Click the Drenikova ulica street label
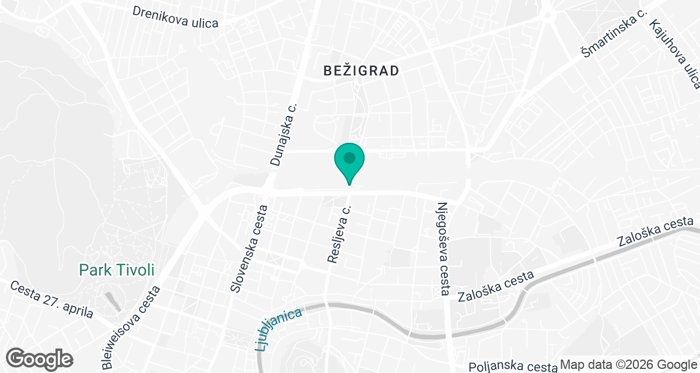pyautogui.click(x=175, y=17)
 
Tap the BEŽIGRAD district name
pyautogui.click(x=362, y=71)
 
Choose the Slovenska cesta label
pyautogui.click(x=249, y=248)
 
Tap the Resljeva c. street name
pyautogui.click(x=340, y=234)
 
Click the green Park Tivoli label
pyautogui.click(x=117, y=270)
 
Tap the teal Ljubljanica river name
pyautogui.click(x=279, y=329)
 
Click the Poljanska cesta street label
pyautogui.click(x=513, y=366)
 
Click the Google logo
pyautogui.click(x=40, y=358)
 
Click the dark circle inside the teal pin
pyautogui.click(x=349, y=157)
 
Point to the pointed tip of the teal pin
pyautogui.click(x=349, y=184)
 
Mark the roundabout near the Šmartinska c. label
pyautogui.click(x=548, y=15)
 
